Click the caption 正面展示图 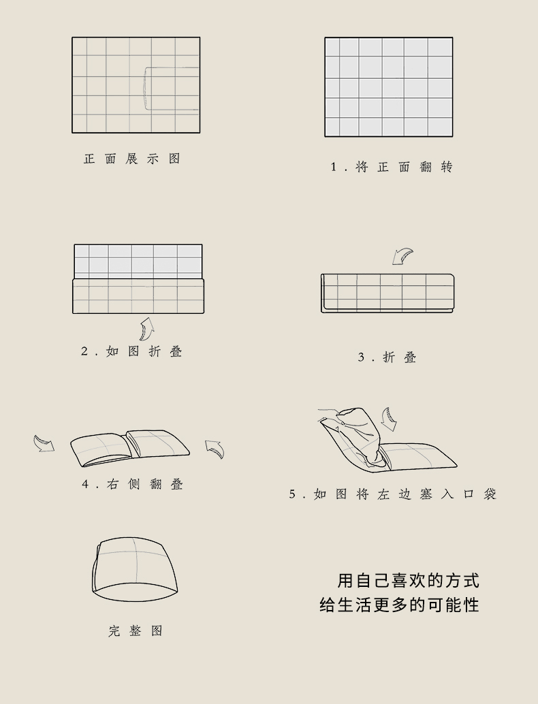132,159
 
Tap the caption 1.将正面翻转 392,167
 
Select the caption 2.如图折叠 131,351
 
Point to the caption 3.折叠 387,357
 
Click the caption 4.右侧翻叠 133,484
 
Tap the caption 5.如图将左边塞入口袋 392,494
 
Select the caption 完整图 135,631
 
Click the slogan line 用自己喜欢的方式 408,581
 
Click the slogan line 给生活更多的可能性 399,605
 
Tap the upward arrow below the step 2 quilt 146,329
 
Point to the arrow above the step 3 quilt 402,257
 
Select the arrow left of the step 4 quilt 44,443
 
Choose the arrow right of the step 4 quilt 215,449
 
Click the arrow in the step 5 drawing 388,419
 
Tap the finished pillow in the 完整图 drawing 135,569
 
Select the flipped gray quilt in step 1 389,87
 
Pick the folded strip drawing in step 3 387,293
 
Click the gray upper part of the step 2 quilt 138,261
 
